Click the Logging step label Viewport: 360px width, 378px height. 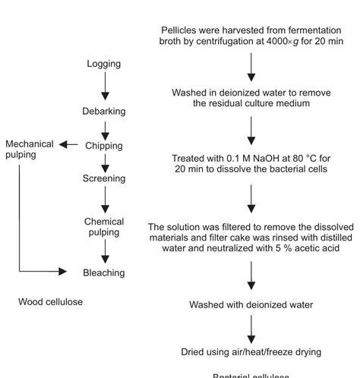pyautogui.click(x=104, y=64)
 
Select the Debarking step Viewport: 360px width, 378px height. pyautogui.click(x=104, y=112)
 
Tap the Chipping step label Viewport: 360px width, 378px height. pyautogui.click(x=104, y=146)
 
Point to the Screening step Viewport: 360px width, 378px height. pyautogui.click(x=104, y=178)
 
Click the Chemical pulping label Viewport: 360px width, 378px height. pyautogui.click(x=104, y=227)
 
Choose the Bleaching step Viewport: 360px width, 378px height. pyautogui.click(x=104, y=272)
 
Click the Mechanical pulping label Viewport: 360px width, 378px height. pyautogui.click(x=30, y=149)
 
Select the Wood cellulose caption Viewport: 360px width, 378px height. pyautogui.click(x=50, y=302)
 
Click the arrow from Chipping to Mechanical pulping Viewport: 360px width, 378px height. pyautogui.click(x=69, y=144)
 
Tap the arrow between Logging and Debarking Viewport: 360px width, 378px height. pyautogui.click(x=105, y=87)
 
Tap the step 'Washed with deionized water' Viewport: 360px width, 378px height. pyautogui.click(x=251, y=305)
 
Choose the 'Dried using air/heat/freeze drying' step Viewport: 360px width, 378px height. pyautogui.click(x=251, y=352)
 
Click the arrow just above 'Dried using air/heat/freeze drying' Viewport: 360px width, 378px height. pyautogui.click(x=251, y=328)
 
